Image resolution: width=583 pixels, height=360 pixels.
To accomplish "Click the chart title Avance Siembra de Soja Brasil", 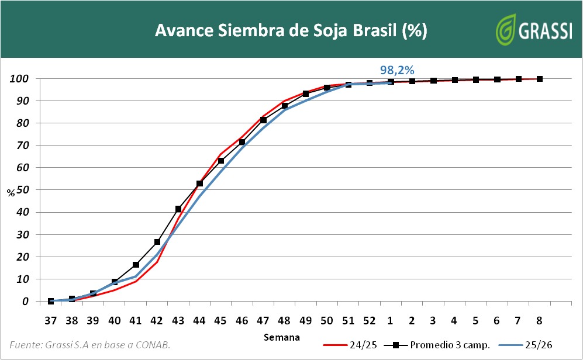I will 291,30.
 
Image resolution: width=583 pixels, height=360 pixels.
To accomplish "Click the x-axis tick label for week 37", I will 51,320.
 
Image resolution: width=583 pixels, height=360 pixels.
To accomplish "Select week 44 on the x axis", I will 199,320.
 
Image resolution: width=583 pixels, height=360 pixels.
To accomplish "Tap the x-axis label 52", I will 370,320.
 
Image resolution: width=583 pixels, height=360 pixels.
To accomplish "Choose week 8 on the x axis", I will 539,320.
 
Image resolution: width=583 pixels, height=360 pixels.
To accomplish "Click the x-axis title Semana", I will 282,337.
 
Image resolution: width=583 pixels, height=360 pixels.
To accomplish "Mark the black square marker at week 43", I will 178,209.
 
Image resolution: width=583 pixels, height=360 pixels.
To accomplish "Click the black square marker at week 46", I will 242,142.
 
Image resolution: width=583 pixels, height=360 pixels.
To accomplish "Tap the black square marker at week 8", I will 539,79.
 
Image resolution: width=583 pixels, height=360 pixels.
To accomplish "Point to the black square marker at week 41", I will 136,265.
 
